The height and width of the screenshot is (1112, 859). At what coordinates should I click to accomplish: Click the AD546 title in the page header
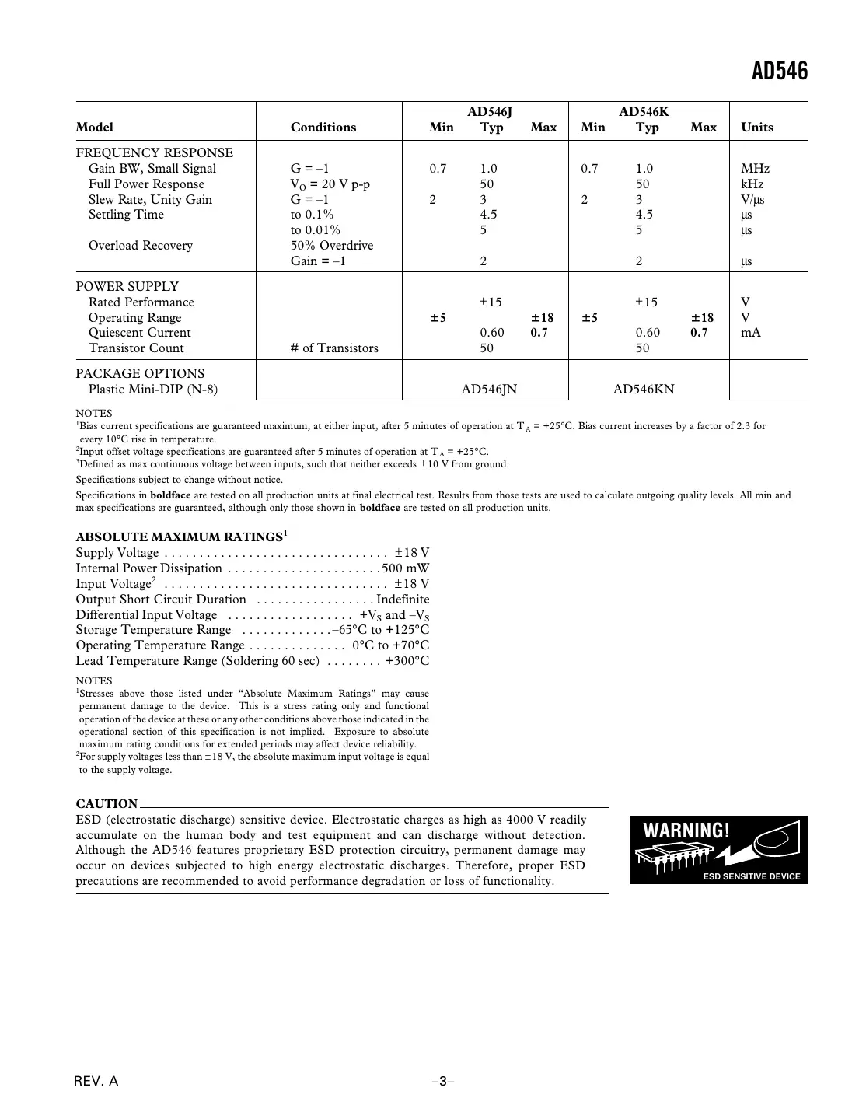coord(780,72)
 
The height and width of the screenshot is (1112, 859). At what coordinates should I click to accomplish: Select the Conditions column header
coord(323,128)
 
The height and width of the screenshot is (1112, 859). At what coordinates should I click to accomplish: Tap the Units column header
coord(756,128)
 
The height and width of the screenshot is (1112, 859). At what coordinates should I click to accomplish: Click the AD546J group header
coord(489,111)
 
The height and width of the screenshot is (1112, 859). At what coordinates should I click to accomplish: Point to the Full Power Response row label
coord(146,184)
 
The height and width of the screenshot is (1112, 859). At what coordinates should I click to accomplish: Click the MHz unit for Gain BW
coord(755,169)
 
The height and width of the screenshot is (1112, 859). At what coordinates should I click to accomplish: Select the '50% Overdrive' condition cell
coord(332,246)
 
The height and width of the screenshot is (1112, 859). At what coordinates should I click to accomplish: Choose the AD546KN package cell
coord(644,389)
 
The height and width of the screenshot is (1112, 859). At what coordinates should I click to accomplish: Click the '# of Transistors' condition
coord(334,348)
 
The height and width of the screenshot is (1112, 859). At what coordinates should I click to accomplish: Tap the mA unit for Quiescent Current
coord(750,333)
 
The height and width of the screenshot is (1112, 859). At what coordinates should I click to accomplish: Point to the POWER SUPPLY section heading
coord(127,286)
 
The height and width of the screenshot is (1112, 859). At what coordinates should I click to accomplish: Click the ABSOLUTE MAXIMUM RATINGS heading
coord(179,537)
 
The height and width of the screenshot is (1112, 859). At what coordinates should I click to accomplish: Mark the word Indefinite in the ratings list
coord(403,600)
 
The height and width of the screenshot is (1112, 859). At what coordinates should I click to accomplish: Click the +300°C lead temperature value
coord(407,661)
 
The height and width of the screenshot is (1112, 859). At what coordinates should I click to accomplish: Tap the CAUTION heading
coord(107,804)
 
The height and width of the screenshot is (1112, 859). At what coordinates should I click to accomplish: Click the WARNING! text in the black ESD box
coord(686,831)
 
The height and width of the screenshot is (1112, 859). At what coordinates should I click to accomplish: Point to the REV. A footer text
coord(96,1082)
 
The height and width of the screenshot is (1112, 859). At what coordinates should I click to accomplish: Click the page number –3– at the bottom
coord(443,1082)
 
